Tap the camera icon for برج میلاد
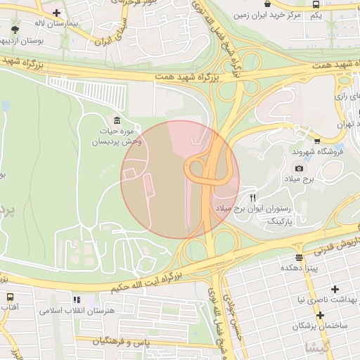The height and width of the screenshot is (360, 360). coord(299,168)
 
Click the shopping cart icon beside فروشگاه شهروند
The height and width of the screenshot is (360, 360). coord(316,140)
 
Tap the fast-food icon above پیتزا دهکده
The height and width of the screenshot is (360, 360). coord(300,257)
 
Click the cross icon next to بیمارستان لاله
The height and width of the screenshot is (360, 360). coord(56,13)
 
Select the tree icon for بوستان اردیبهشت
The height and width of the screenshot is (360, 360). coord(15,30)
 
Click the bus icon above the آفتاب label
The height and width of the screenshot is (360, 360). coord(10,297)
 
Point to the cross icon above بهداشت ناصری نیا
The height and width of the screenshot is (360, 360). coord(335,289)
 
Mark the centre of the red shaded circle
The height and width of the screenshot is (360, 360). coord(180,179)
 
